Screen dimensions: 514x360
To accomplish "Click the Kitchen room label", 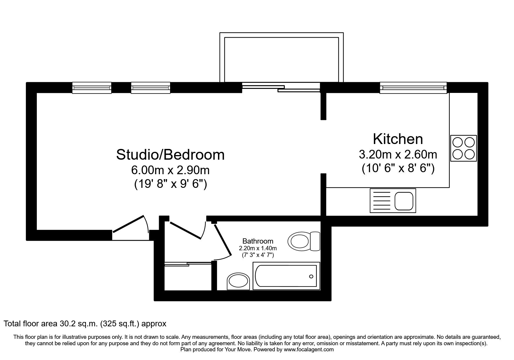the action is point(398,139).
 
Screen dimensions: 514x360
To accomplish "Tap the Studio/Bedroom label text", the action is point(170,155).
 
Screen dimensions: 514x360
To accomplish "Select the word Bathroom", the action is point(258,241).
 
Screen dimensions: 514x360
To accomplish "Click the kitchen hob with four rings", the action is point(463,148).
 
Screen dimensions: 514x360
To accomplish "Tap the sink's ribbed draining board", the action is point(382,201).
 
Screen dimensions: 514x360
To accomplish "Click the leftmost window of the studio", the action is point(92,88).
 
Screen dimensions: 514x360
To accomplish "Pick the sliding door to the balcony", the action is point(281,87).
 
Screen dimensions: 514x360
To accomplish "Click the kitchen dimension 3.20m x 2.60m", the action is point(398,154).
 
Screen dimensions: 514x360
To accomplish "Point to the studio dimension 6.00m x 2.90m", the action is point(170,170).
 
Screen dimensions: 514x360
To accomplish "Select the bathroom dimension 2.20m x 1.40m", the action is point(258,249).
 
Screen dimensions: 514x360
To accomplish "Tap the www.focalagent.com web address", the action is point(309,350).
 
